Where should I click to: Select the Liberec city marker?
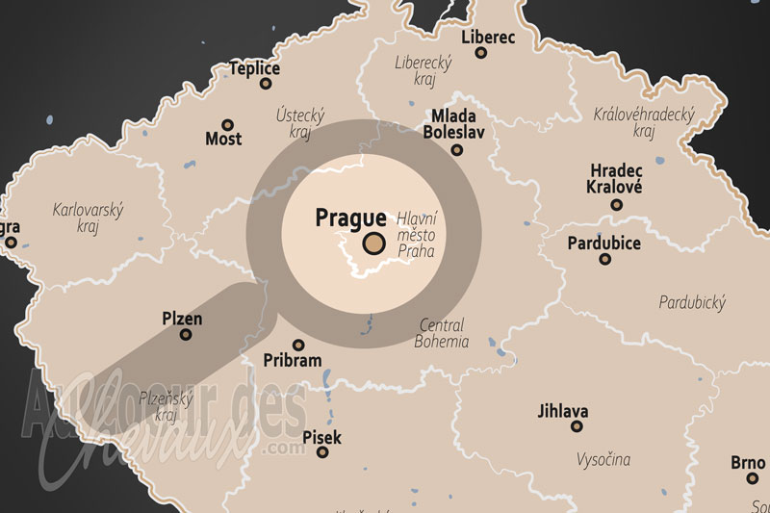click(481, 53)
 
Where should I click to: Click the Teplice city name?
click(255, 68)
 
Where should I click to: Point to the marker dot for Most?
click(228, 124)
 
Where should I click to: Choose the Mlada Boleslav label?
click(455, 122)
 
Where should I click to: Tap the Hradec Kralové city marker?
click(616, 205)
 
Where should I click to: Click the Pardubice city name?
click(603, 243)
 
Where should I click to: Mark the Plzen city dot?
click(186, 335)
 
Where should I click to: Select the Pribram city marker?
click(298, 345)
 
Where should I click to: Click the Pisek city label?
click(321, 438)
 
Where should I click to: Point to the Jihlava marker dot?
click(577, 425)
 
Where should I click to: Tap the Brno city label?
click(748, 462)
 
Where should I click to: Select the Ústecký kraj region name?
click(301, 121)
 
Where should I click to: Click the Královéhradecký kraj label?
click(644, 122)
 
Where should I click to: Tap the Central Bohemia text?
click(441, 333)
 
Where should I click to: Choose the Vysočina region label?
click(604, 459)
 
